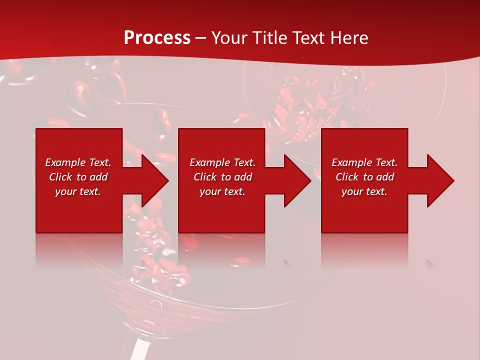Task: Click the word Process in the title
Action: pos(157,38)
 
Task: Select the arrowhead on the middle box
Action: pos(297,180)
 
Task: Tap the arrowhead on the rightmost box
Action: pos(439,180)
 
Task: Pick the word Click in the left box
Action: pos(61,177)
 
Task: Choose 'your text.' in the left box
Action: pos(78,191)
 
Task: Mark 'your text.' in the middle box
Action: pos(222,191)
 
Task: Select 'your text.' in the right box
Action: pos(364,191)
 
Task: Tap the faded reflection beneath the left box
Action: pos(79,250)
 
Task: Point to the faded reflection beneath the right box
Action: pos(364,250)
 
